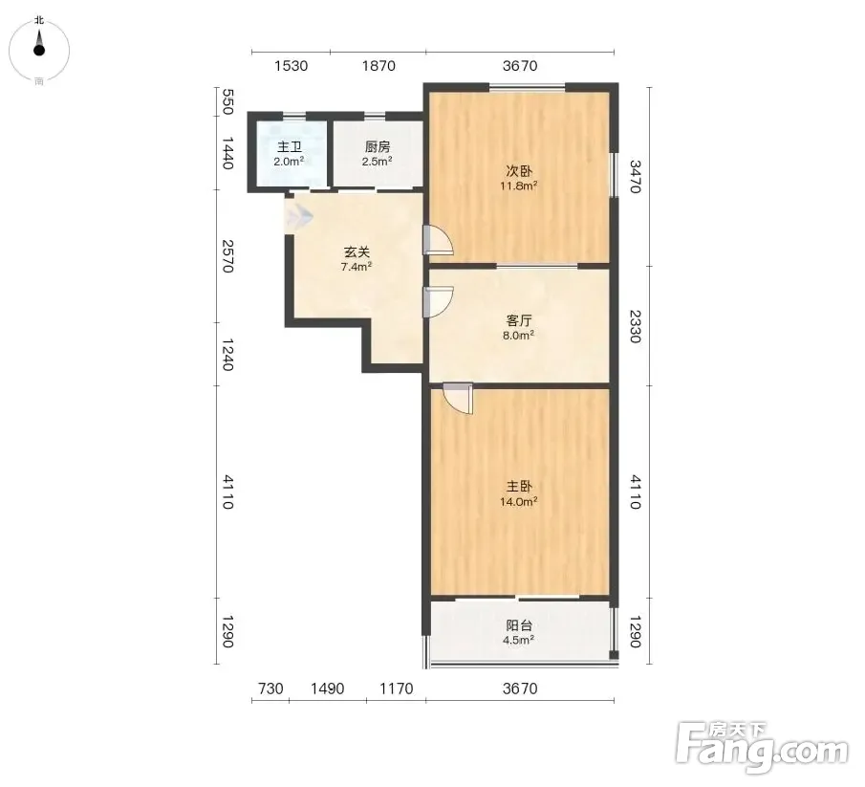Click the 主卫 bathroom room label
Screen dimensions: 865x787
click(x=290, y=147)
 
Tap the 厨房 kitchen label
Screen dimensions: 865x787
click(x=378, y=147)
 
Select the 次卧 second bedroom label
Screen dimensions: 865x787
click(x=519, y=171)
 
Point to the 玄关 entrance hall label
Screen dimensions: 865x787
click(x=357, y=252)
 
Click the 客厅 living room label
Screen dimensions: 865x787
click(x=519, y=320)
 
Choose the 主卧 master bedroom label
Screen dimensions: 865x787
click(x=519, y=487)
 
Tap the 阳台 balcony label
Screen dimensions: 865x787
click(x=519, y=625)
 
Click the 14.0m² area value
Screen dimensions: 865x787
click(x=519, y=502)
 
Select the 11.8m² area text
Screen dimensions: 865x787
click(x=519, y=186)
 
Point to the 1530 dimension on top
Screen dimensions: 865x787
click(x=291, y=66)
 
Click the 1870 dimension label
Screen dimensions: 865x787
click(x=378, y=66)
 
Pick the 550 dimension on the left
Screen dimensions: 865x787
click(x=227, y=101)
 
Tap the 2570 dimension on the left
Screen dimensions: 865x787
click(x=227, y=256)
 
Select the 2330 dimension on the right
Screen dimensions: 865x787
click(x=636, y=326)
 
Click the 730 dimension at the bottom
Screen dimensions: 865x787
click(x=270, y=689)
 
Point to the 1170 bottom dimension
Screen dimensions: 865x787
click(x=396, y=689)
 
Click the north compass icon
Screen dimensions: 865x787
click(x=39, y=51)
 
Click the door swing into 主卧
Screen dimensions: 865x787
click(x=459, y=399)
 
